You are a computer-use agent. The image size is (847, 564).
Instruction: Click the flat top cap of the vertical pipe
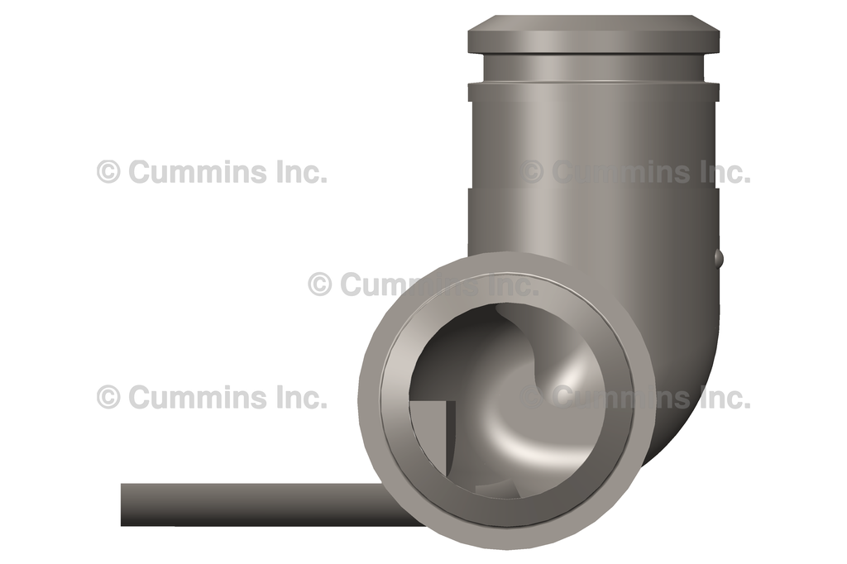(x=593, y=33)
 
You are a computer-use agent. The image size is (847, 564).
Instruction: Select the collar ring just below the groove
(x=593, y=91)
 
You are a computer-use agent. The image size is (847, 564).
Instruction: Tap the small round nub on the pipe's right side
(x=718, y=258)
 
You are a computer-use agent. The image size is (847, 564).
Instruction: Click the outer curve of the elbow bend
(x=691, y=389)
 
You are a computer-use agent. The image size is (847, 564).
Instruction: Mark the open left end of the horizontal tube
(x=124, y=504)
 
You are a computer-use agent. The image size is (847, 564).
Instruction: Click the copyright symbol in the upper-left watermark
(x=108, y=172)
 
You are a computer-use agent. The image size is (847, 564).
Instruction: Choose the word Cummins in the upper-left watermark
(x=198, y=172)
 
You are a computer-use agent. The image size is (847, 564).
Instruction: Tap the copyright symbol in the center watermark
(x=320, y=284)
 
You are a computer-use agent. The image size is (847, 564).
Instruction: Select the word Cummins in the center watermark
(x=409, y=284)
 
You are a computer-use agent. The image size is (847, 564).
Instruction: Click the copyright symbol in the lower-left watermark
(x=108, y=397)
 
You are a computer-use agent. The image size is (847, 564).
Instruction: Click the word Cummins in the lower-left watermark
(x=198, y=397)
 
